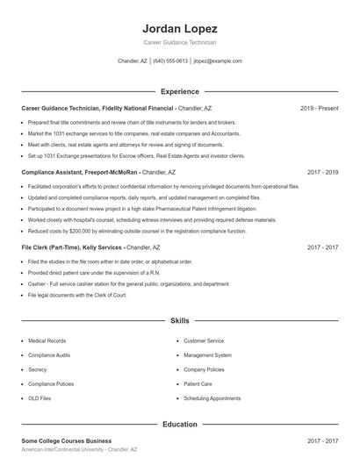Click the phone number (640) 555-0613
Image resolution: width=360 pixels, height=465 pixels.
[x=170, y=61]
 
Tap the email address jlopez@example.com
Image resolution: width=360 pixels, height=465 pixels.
[x=218, y=61]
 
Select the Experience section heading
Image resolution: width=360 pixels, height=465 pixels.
[x=180, y=91]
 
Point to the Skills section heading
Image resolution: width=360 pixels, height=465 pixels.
[x=180, y=322]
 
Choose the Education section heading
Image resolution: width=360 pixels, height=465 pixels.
[x=180, y=425]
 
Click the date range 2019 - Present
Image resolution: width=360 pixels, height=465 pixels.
[x=319, y=108]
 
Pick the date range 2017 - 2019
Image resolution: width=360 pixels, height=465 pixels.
[x=322, y=173]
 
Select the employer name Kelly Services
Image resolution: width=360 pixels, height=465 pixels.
[x=97, y=248]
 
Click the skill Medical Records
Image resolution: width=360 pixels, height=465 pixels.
[x=47, y=340]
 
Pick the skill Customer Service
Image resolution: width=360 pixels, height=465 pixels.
[x=204, y=340]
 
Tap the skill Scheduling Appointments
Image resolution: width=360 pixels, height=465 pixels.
[x=212, y=398]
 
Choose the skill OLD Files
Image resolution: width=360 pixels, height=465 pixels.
[x=40, y=398]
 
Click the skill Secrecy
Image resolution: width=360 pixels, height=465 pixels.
[x=38, y=369]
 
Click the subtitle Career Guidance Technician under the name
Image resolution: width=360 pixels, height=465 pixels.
[x=179, y=42]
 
